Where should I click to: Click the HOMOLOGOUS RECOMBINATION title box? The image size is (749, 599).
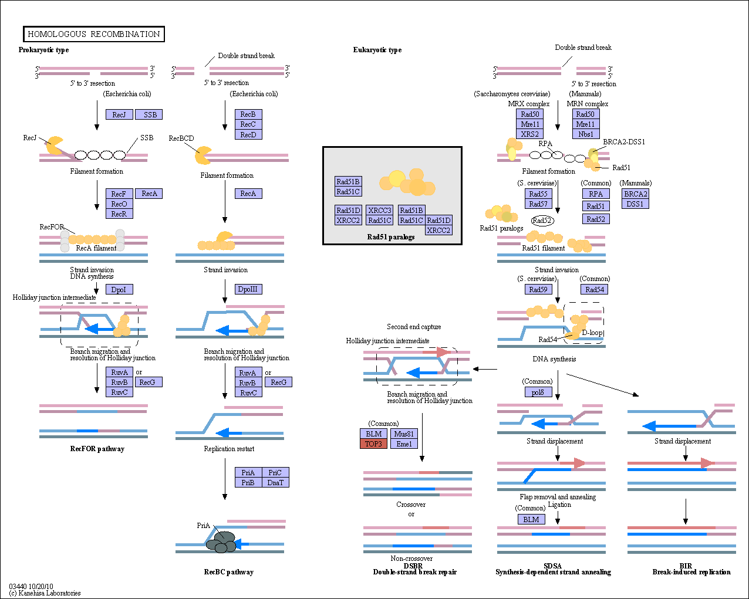(x=94, y=34)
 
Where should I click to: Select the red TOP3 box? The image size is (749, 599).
(x=373, y=444)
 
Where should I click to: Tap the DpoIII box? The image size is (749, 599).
(x=248, y=289)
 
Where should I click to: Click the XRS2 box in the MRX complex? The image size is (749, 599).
(x=529, y=134)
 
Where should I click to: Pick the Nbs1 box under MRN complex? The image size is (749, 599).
(x=586, y=134)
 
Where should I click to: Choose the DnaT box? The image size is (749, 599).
(x=275, y=482)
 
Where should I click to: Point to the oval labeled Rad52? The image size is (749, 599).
(x=542, y=220)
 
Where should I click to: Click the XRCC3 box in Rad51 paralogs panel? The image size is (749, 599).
(x=380, y=210)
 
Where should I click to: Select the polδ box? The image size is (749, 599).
(x=538, y=392)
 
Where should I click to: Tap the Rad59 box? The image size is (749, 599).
(x=538, y=289)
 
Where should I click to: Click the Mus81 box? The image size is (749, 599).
(x=404, y=434)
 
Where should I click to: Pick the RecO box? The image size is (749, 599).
(x=119, y=204)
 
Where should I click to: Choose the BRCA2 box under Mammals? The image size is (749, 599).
(x=635, y=194)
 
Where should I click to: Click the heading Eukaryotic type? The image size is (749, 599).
(x=377, y=50)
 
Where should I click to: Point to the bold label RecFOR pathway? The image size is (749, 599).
(x=97, y=449)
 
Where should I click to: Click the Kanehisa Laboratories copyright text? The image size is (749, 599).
(x=45, y=593)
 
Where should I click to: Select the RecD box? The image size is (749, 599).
(x=248, y=134)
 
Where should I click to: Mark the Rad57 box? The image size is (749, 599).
(x=538, y=204)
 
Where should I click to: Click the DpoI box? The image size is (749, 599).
(x=119, y=289)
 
